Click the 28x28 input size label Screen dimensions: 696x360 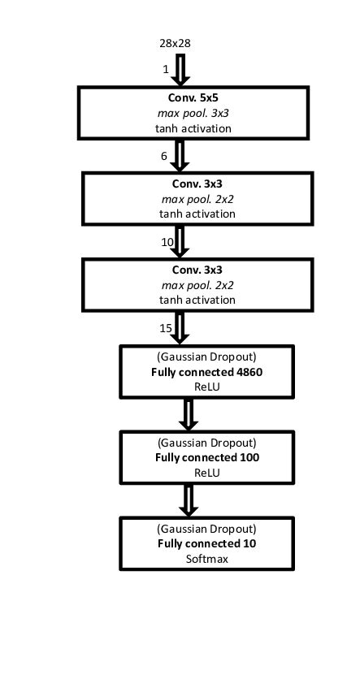click(175, 42)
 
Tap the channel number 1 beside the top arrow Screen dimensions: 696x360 click(166, 70)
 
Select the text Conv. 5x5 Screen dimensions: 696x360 click(193, 98)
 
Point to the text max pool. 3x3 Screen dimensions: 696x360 click(193, 113)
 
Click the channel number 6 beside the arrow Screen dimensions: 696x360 click(165, 155)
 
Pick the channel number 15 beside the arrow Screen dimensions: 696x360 click(166, 328)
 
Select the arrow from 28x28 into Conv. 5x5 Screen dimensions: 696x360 click(181, 70)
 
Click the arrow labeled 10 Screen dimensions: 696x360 click(181, 241)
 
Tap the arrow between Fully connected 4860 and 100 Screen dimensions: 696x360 click(189, 413)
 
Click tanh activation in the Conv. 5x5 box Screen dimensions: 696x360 click(193, 128)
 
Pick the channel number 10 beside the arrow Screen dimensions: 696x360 click(167, 242)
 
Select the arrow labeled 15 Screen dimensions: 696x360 click(181, 327)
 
